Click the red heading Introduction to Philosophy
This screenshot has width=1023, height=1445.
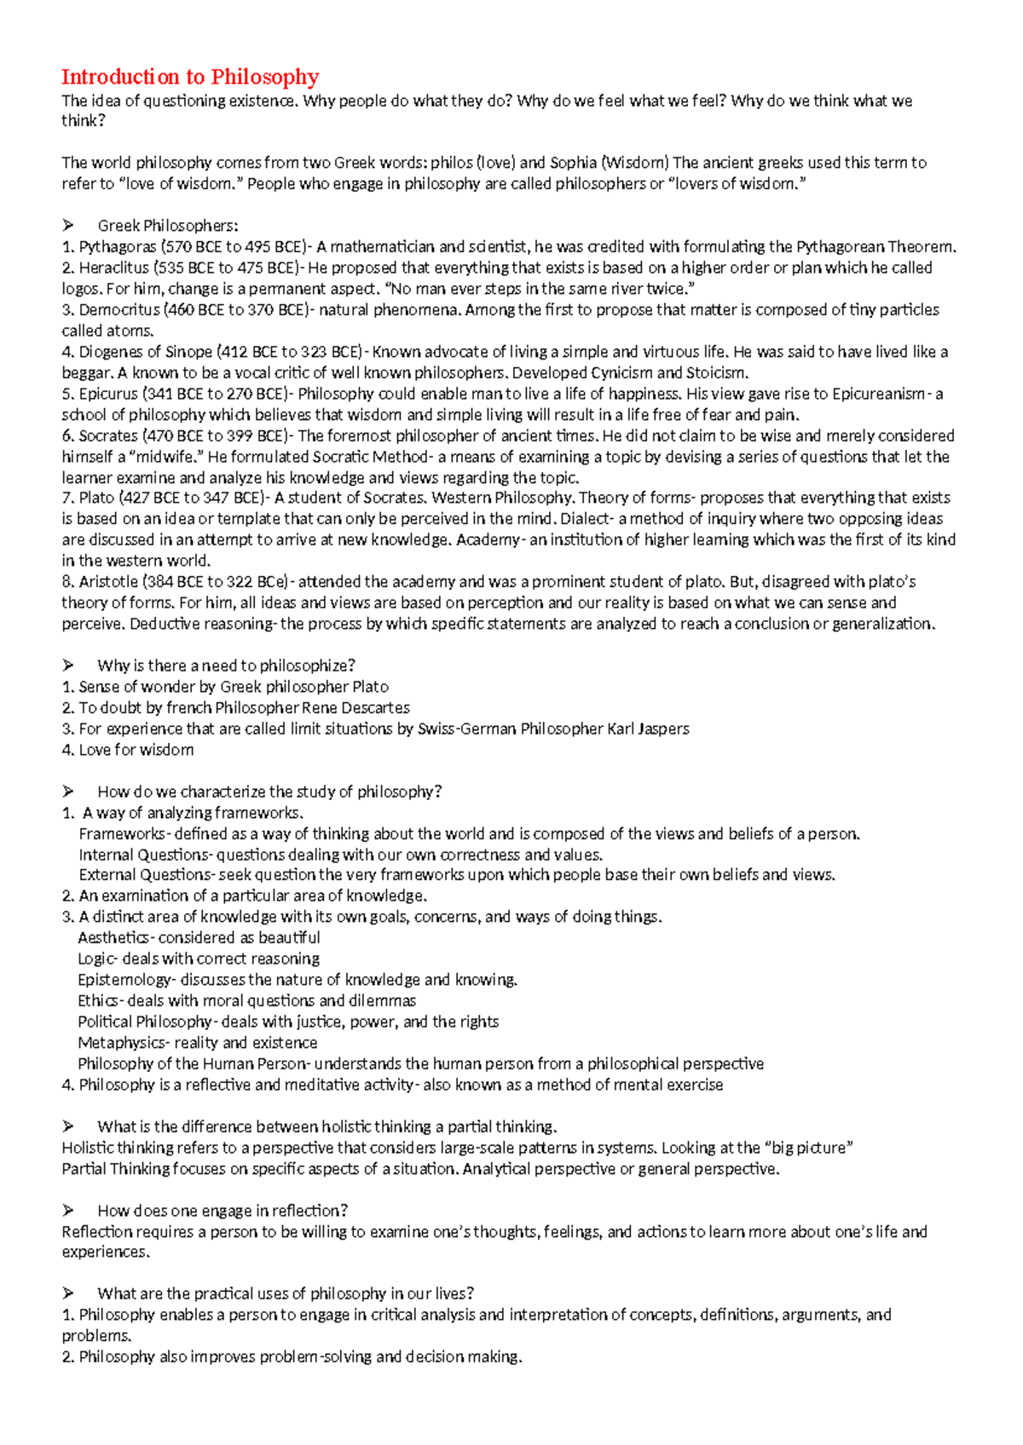pos(190,77)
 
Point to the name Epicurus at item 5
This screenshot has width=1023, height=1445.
pos(107,394)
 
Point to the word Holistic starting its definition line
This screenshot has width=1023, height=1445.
pos(88,1148)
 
